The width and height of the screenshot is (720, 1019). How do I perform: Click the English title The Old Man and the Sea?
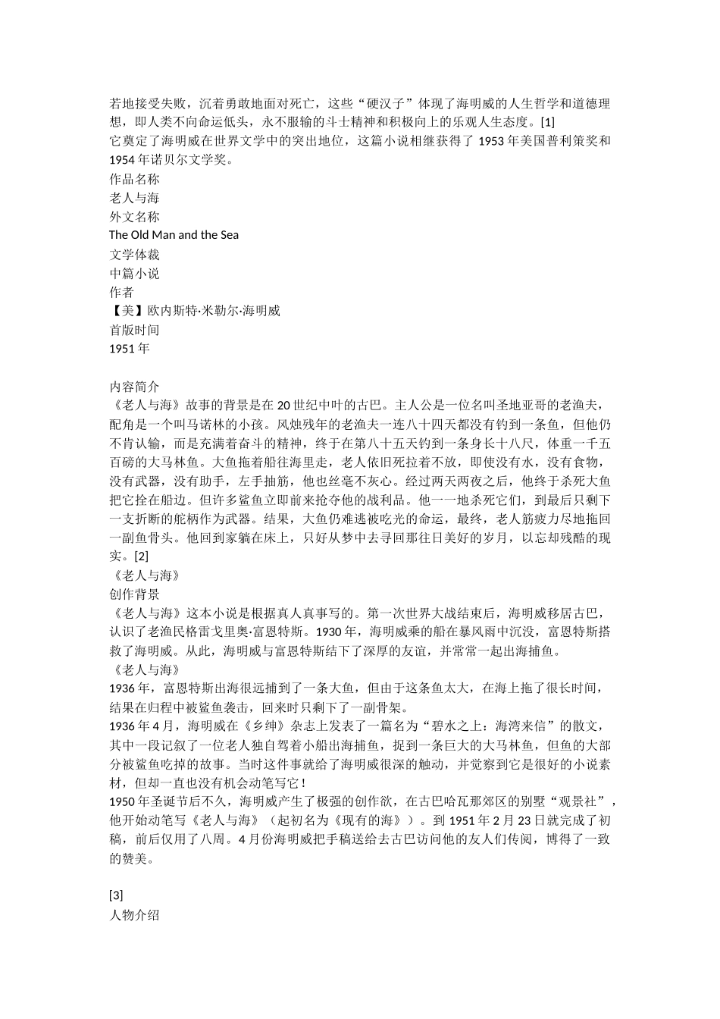[x=174, y=235]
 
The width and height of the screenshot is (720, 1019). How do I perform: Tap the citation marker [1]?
[x=547, y=122]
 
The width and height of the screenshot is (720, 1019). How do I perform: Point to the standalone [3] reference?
[x=117, y=895]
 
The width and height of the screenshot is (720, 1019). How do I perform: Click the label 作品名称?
[x=134, y=179]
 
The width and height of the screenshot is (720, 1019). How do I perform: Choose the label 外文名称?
[x=134, y=216]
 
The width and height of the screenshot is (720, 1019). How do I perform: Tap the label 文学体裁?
[x=134, y=254]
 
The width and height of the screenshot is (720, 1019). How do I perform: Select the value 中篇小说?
[x=134, y=273]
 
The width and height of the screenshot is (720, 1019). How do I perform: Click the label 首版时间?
[x=134, y=330]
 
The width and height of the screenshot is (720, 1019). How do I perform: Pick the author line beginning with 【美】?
[x=195, y=311]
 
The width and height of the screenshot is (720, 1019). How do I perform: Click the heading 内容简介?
[x=134, y=387]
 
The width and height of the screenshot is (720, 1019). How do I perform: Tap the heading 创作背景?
[x=134, y=594]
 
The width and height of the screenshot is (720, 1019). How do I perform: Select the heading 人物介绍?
[x=134, y=914]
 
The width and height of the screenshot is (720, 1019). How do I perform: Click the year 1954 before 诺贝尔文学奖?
[x=123, y=160]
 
